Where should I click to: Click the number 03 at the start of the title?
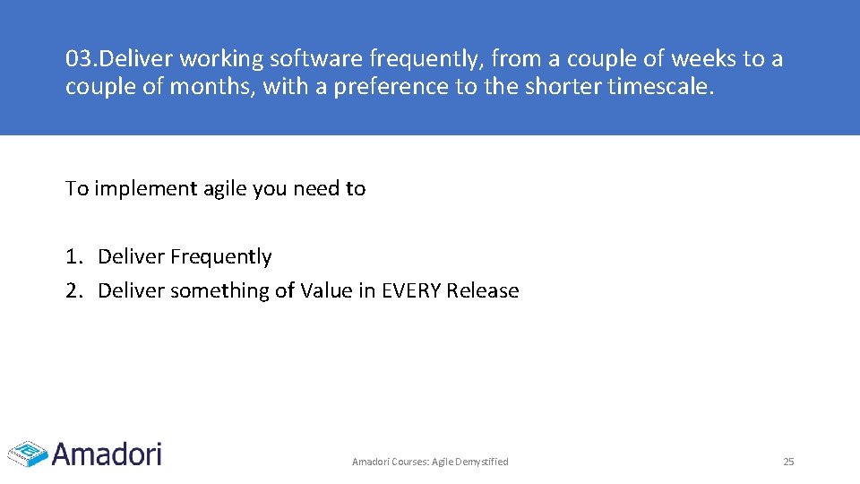point(79,59)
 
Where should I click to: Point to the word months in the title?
point(219,87)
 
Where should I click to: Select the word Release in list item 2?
point(483,290)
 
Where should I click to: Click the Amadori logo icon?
point(27,453)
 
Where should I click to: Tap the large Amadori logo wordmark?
point(107,453)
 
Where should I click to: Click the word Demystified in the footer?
point(483,462)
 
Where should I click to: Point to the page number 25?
point(788,462)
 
